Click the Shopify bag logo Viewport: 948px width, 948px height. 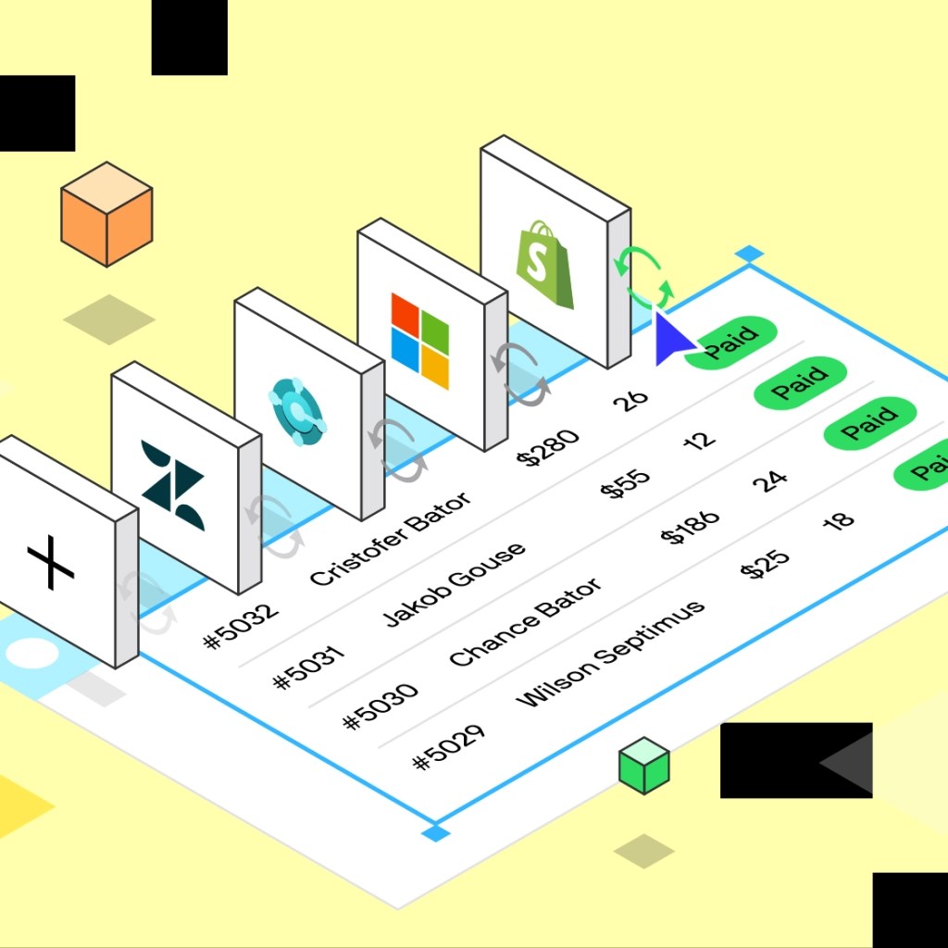[544, 263]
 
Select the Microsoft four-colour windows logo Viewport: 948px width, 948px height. [419, 340]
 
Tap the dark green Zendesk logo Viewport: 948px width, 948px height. [173, 484]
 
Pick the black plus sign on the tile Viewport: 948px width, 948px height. [50, 566]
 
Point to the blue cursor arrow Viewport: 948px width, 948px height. [672, 339]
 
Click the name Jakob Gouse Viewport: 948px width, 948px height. [454, 585]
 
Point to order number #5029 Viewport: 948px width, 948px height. [449, 747]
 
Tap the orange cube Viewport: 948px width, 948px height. [106, 214]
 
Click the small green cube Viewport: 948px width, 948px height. [643, 766]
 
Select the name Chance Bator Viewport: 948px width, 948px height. [525, 622]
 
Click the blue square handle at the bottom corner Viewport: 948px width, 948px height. [434, 834]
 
